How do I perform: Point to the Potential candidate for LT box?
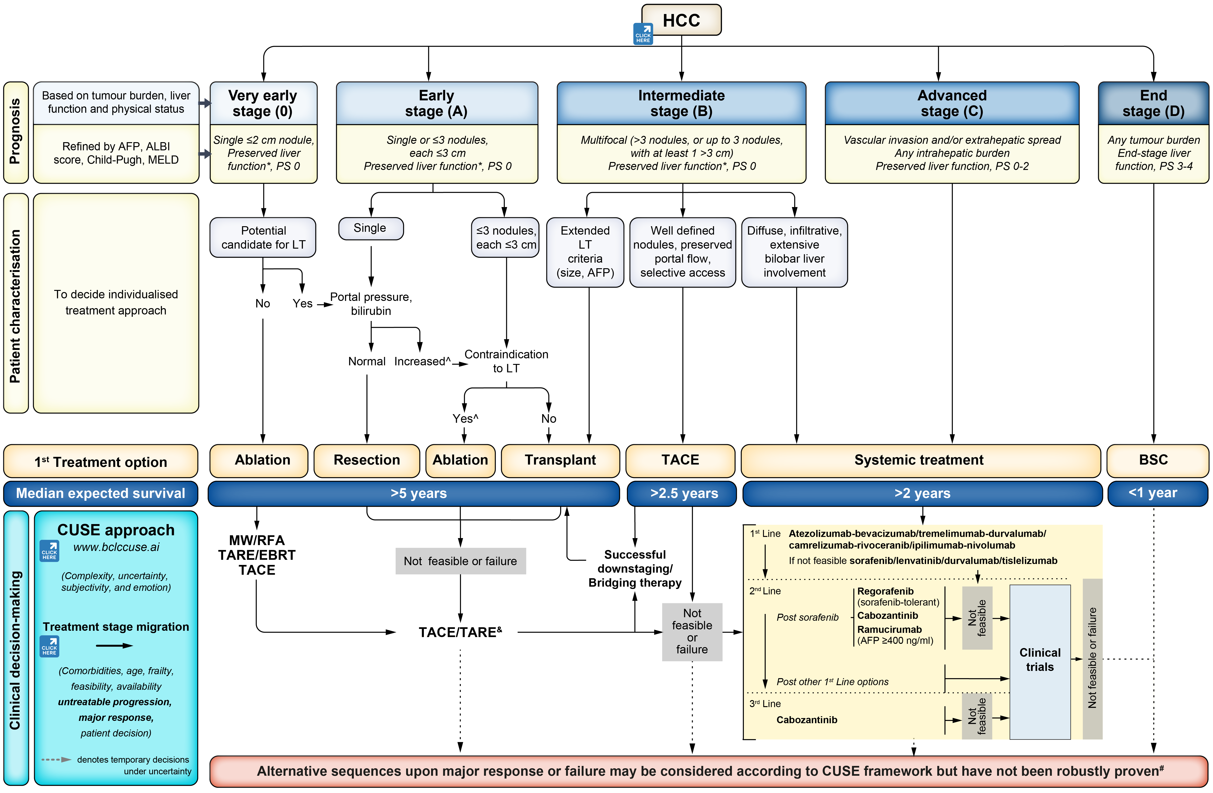coord(263,237)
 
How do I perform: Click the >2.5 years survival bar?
coord(683,493)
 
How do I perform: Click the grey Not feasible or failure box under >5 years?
coord(460,561)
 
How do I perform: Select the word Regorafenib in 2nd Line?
coord(885,591)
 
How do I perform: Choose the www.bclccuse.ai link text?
coord(116,547)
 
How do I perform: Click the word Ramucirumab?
coord(889,629)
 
